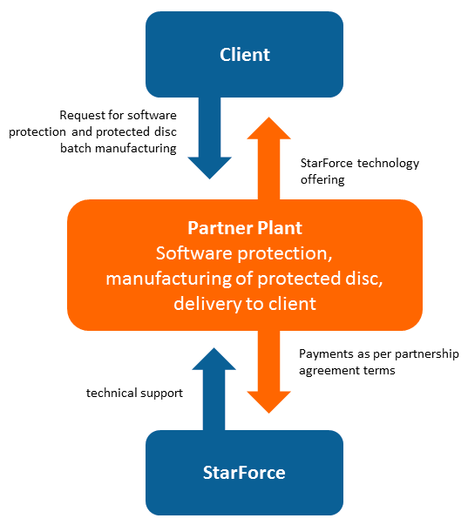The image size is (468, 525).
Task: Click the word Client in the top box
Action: point(245,55)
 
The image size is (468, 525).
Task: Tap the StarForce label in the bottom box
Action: point(244,473)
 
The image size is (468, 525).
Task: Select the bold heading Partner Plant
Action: point(245,228)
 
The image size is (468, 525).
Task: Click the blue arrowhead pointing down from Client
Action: point(209,168)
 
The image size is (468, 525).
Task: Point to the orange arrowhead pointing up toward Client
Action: point(268,128)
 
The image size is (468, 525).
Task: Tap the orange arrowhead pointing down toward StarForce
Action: point(268,402)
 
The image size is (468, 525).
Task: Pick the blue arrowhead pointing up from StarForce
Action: point(214,359)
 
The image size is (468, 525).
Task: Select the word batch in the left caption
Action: point(76,148)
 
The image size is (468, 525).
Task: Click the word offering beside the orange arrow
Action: point(322,180)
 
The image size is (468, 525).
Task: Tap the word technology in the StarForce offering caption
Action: point(388,164)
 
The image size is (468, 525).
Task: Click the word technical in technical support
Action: point(112,393)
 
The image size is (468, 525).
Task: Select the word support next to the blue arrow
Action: point(162,394)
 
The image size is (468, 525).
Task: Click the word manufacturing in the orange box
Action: point(168,279)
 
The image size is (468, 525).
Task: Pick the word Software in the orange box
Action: point(194,253)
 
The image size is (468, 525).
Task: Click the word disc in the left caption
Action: point(166,131)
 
